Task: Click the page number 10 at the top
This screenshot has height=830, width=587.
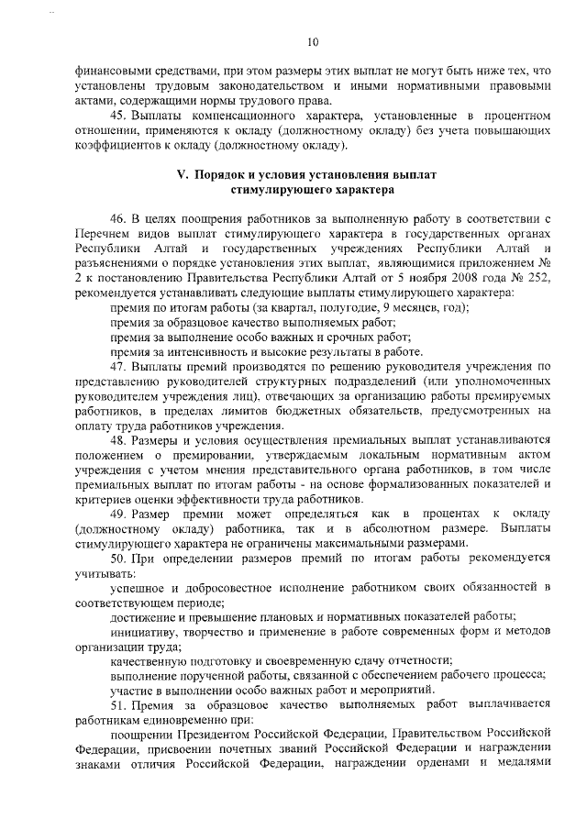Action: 312,42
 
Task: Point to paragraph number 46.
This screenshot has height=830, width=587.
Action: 117,217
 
